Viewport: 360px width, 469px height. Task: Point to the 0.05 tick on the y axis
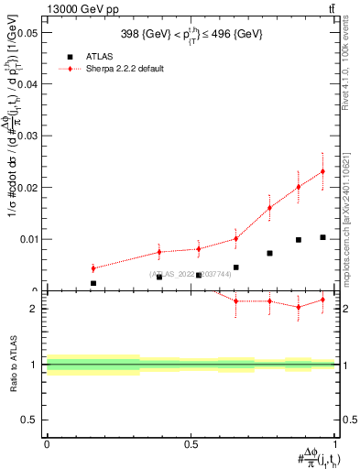(x=27, y=32)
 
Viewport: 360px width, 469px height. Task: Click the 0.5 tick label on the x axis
(x=191, y=444)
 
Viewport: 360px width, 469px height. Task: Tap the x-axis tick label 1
(x=335, y=444)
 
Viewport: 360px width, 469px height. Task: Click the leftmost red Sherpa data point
(x=93, y=268)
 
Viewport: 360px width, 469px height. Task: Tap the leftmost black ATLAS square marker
(x=93, y=284)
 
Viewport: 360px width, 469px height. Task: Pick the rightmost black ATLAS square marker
(x=322, y=237)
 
